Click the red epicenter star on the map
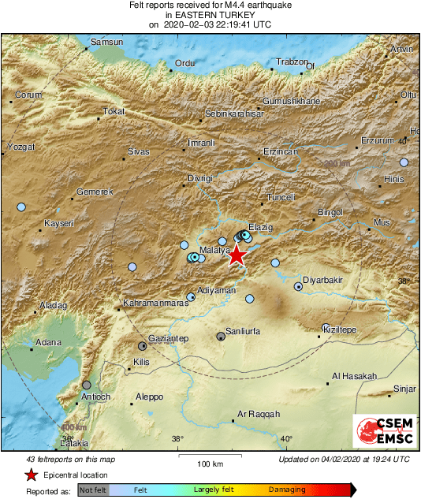(x=237, y=254)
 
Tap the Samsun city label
(x=108, y=42)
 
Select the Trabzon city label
(x=291, y=61)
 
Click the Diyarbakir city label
(x=325, y=280)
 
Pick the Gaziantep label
(x=169, y=338)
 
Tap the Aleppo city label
(x=149, y=397)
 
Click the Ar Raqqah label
(x=259, y=413)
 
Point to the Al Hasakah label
(x=355, y=376)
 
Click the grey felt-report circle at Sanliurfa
(x=221, y=337)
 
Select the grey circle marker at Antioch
(x=87, y=385)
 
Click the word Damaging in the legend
(x=287, y=490)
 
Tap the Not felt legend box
(x=94, y=490)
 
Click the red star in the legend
(x=31, y=475)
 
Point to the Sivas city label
(x=139, y=151)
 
